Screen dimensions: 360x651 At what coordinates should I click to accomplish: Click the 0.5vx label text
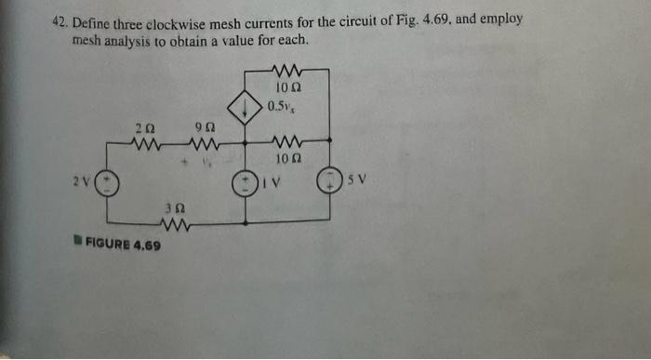tap(280, 106)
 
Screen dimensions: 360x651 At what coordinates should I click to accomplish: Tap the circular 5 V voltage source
tap(330, 180)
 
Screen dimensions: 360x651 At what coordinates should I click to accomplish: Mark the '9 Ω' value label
tap(205, 127)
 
